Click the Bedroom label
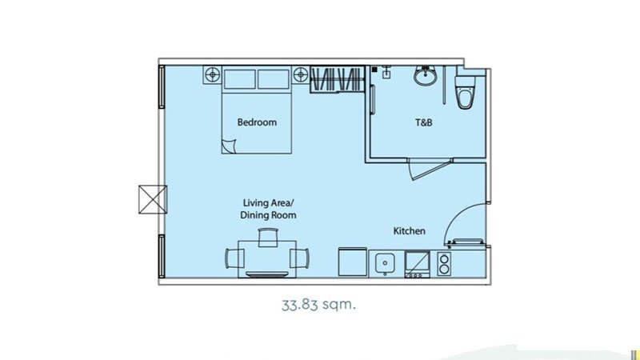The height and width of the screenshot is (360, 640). [257, 122]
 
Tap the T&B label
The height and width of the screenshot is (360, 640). [424, 122]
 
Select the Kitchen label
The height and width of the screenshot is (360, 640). [409, 231]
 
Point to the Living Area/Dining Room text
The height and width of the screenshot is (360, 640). [268, 209]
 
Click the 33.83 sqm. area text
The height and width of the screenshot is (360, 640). [318, 305]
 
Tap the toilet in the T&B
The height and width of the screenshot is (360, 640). [465, 92]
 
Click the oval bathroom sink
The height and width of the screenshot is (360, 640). [426, 75]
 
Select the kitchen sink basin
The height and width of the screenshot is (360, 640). [385, 263]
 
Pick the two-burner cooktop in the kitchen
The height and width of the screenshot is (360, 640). [444, 264]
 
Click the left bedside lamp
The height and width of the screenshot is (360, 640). [212, 75]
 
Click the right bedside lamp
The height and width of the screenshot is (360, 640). [301, 75]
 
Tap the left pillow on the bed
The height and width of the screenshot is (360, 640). [239, 78]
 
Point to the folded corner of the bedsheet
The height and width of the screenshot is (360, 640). [229, 146]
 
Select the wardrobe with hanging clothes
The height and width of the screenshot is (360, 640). [337, 78]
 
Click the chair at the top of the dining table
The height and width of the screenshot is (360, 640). [268, 237]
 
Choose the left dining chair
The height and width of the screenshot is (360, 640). [234, 258]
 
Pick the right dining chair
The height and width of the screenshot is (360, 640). [299, 258]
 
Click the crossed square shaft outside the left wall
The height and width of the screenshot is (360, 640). [153, 199]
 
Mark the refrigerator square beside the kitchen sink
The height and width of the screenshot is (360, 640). [353, 262]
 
